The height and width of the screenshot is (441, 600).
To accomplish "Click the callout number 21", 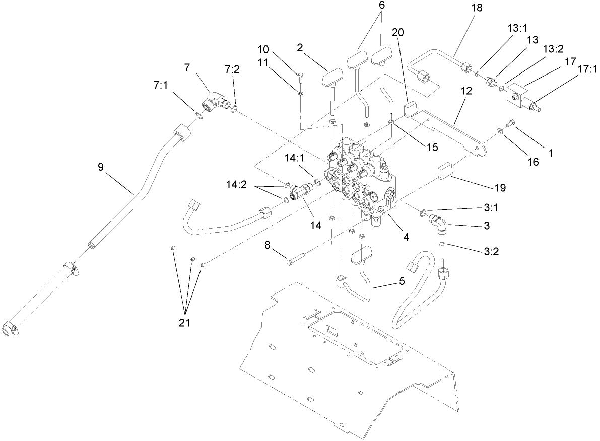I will pos(184,323).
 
